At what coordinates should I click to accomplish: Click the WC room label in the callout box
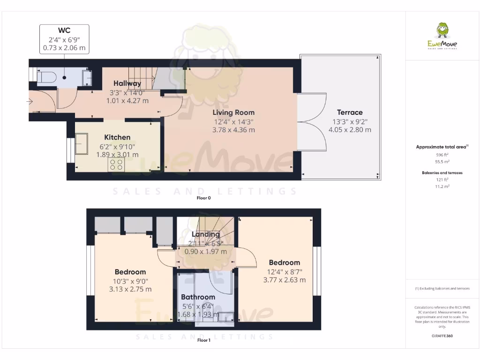(x=64, y=30)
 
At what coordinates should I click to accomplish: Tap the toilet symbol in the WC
(x=45, y=77)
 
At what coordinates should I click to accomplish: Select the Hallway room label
(x=127, y=83)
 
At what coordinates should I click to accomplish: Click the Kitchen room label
(x=117, y=137)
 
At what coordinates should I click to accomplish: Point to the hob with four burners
(x=116, y=164)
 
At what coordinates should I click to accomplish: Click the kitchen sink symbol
(x=81, y=143)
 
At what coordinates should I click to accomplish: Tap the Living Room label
(x=233, y=112)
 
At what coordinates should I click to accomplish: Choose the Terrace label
(x=350, y=112)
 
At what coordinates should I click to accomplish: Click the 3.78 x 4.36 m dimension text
(x=233, y=130)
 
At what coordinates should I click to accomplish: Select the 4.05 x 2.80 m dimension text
(x=350, y=130)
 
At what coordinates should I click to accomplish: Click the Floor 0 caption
(x=204, y=198)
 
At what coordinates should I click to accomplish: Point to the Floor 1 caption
(x=204, y=340)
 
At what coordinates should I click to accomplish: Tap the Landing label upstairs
(x=206, y=234)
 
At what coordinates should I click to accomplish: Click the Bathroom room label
(x=198, y=297)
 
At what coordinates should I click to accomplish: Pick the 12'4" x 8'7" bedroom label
(x=286, y=271)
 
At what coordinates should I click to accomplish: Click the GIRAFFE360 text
(x=442, y=336)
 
